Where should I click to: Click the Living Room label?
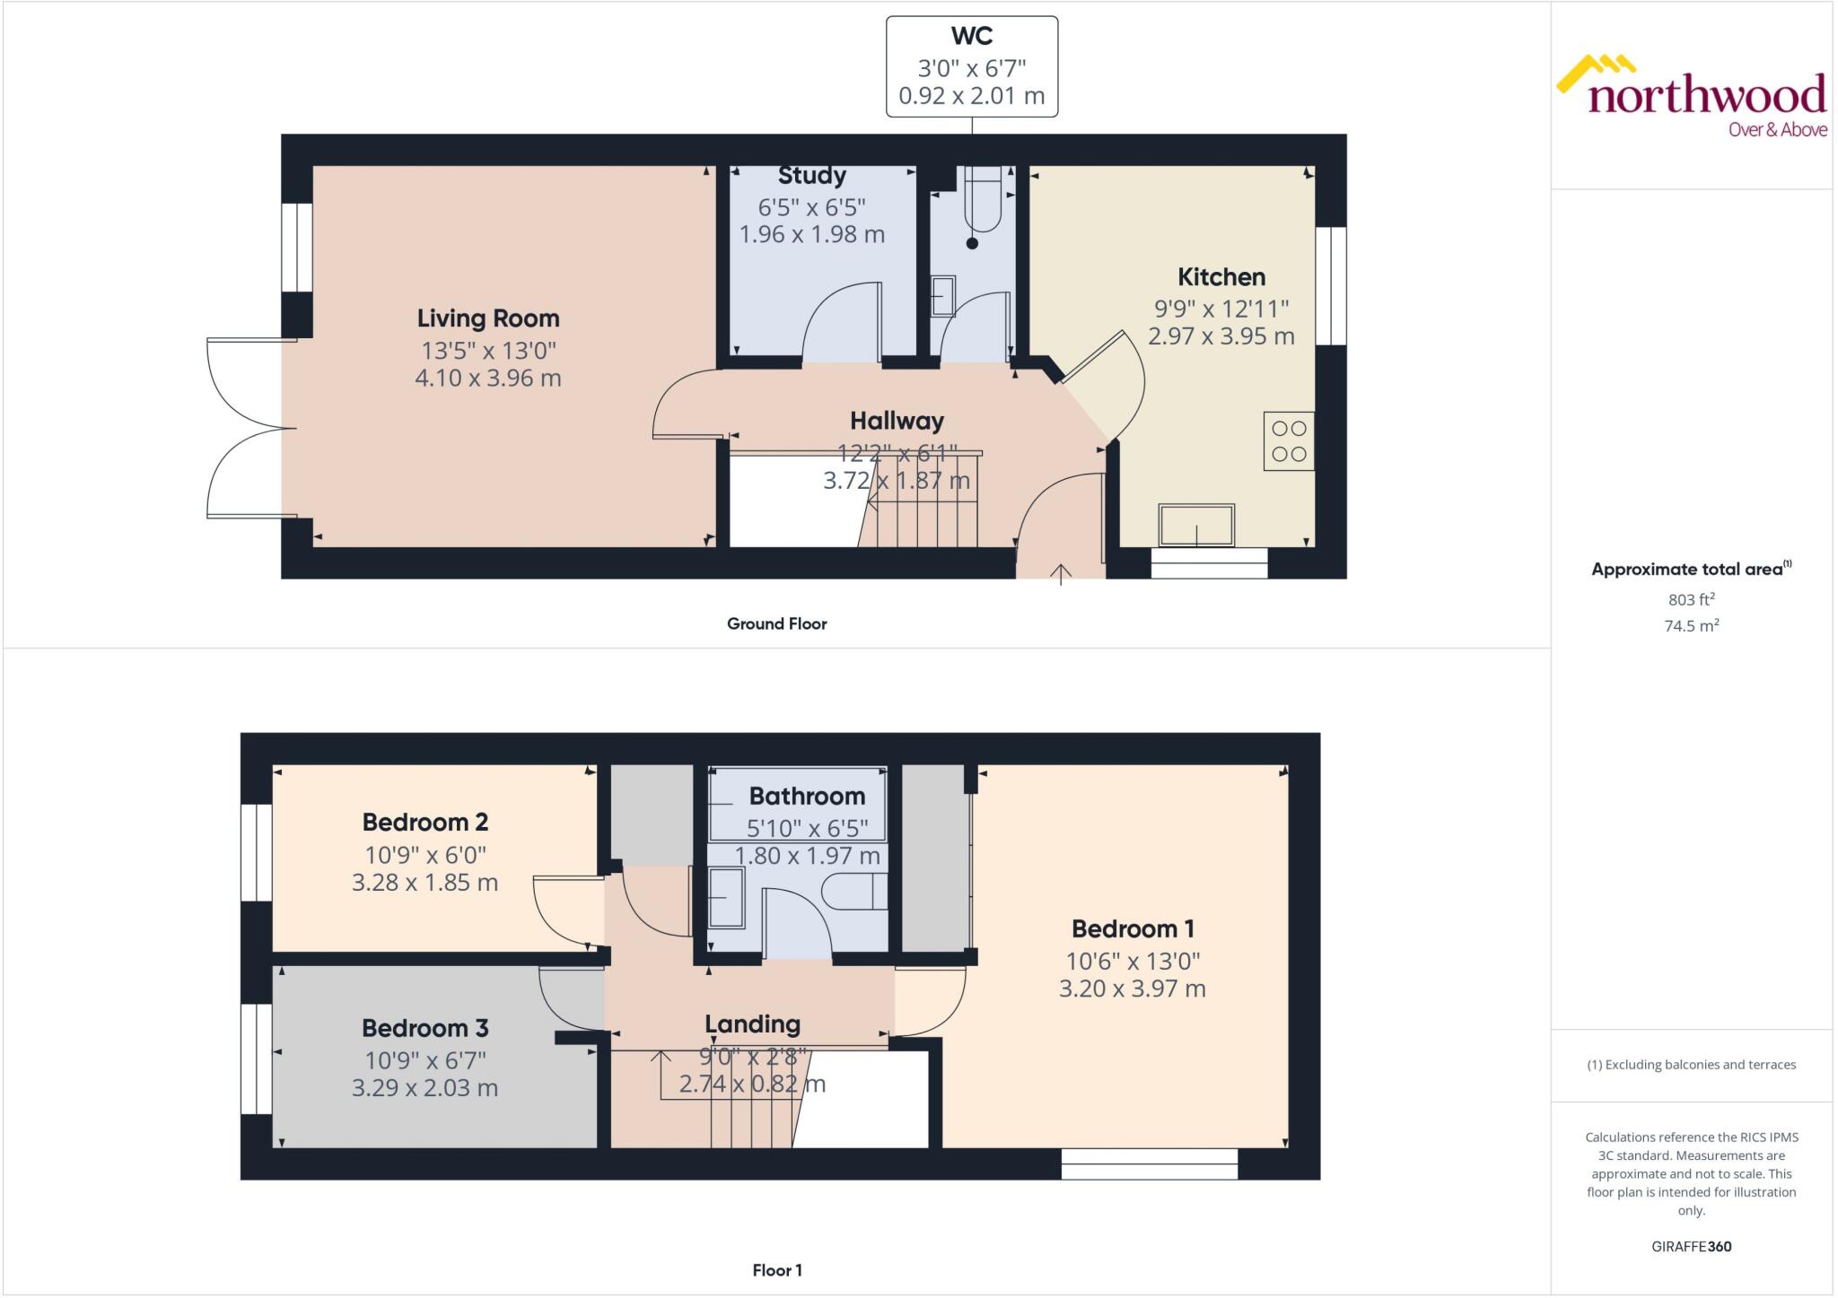[487, 318]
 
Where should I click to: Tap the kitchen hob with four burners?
[1288, 441]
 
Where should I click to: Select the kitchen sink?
[1195, 526]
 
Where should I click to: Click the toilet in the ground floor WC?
[982, 202]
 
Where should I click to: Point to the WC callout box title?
[971, 37]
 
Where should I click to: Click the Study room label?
[811, 176]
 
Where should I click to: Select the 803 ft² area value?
[1691, 599]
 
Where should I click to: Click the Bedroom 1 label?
[1132, 928]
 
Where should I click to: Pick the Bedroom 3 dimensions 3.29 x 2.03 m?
[424, 1088]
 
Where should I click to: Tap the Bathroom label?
[807, 797]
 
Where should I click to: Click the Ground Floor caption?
[776, 623]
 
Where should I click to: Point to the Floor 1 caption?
[776, 1270]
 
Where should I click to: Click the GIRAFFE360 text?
[1691, 1246]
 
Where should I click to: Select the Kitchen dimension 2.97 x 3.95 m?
[1221, 336]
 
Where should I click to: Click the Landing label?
[752, 1024]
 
